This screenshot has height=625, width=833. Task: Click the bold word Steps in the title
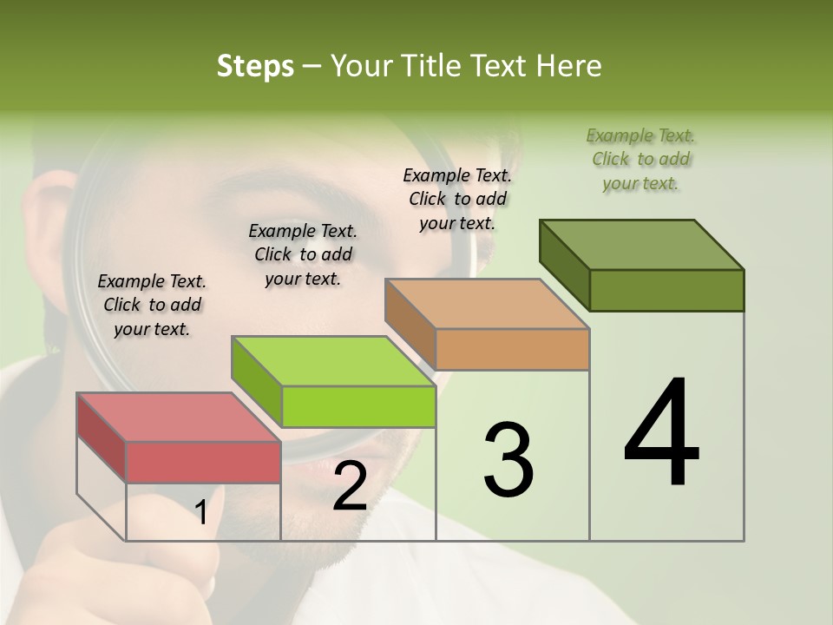255,66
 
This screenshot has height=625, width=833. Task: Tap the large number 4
661,434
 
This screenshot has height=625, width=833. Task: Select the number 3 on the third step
508,460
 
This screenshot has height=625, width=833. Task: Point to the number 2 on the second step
350,487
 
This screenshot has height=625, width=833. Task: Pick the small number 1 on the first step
201,513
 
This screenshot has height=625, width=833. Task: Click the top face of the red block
179,418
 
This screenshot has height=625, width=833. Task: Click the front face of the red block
203,462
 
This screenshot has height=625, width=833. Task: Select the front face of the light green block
358,406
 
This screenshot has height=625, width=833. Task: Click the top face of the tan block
488,304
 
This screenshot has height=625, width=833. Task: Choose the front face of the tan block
512,350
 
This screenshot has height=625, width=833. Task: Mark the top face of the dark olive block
642,245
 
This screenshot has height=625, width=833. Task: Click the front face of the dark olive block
666,290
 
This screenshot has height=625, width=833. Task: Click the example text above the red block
152,306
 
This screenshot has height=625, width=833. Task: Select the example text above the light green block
303,254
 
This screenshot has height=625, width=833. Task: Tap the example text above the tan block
457,199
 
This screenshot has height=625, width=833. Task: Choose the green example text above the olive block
640,159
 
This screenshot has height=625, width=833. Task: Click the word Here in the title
569,66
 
